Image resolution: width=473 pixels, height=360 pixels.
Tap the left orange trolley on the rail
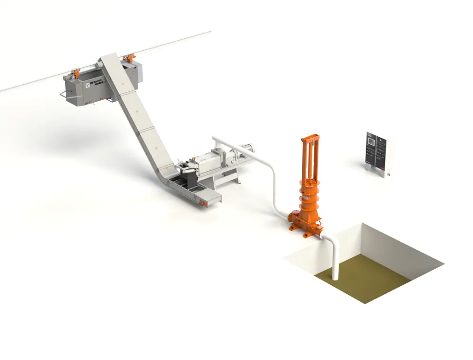(x=74, y=74)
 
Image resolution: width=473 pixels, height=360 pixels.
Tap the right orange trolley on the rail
(x=127, y=60)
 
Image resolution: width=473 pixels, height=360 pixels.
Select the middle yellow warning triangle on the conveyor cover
(x=138, y=112)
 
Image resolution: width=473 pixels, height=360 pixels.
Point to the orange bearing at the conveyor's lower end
(x=205, y=203)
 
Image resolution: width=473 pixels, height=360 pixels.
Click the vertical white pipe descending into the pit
(x=335, y=260)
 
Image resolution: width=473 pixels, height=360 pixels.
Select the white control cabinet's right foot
(x=387, y=175)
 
